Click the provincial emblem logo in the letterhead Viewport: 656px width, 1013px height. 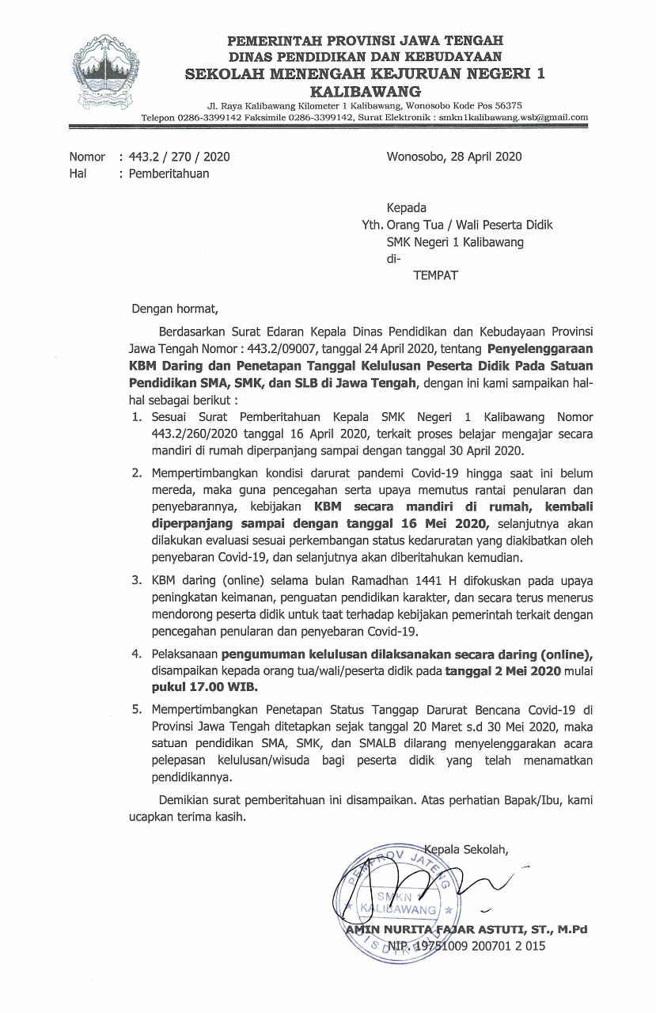[x=105, y=70]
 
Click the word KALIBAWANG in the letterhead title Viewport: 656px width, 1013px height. [x=365, y=90]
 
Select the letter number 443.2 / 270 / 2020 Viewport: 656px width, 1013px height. [x=180, y=157]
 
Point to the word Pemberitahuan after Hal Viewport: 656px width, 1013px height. [x=169, y=173]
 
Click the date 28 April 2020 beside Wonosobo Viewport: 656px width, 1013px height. [x=484, y=157]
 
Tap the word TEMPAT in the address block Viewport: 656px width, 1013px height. [x=436, y=275]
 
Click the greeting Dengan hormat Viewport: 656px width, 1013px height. [x=173, y=309]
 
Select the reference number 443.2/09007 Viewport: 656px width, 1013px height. [x=321, y=347]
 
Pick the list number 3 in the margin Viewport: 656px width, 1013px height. [x=136, y=580]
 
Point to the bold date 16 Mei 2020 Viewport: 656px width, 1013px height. [x=444, y=524]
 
